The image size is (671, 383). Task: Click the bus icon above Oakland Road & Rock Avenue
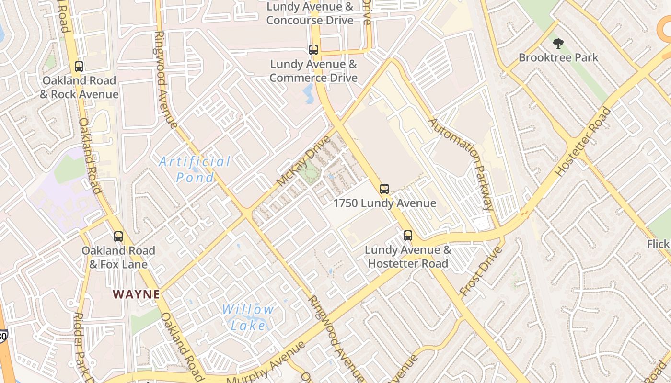[79, 67]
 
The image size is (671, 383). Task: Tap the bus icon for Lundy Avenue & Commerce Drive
[313, 50]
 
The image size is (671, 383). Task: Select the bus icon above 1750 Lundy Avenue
[384, 189]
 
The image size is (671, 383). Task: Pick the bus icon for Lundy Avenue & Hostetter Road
[408, 236]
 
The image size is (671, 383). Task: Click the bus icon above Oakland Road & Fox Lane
[118, 237]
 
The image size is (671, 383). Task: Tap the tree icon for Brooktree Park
[558, 44]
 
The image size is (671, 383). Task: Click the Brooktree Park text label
[558, 58]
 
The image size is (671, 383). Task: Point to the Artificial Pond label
[195, 169]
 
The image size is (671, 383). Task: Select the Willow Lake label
[248, 317]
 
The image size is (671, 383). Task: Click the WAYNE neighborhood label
[137, 294]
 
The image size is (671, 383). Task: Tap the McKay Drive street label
[304, 161]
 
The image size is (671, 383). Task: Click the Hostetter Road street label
[583, 141]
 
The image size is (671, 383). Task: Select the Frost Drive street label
[480, 271]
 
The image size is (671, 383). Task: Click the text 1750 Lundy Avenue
[384, 203]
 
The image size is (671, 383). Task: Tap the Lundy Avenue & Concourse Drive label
[310, 13]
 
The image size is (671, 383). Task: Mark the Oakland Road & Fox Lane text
[118, 257]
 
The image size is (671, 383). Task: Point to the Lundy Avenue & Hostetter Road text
[408, 257]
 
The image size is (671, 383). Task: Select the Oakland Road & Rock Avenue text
[79, 87]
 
